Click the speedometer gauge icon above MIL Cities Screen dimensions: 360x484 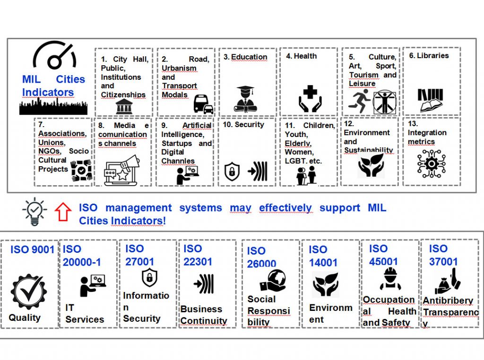(x=54, y=56)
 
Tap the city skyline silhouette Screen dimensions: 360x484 (x=53, y=107)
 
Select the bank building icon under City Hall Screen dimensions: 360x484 (x=123, y=107)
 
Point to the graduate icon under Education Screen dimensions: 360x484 (x=246, y=99)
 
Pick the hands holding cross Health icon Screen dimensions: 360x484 (x=310, y=98)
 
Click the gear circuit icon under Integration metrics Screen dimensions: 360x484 (x=431, y=164)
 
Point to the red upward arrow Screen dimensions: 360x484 (x=63, y=211)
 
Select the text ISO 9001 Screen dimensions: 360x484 (x=32, y=249)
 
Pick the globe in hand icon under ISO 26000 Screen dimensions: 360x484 (x=273, y=281)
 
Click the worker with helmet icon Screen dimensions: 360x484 (x=390, y=279)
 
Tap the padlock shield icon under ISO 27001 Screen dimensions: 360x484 (x=149, y=277)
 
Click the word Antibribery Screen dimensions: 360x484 (x=448, y=300)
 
